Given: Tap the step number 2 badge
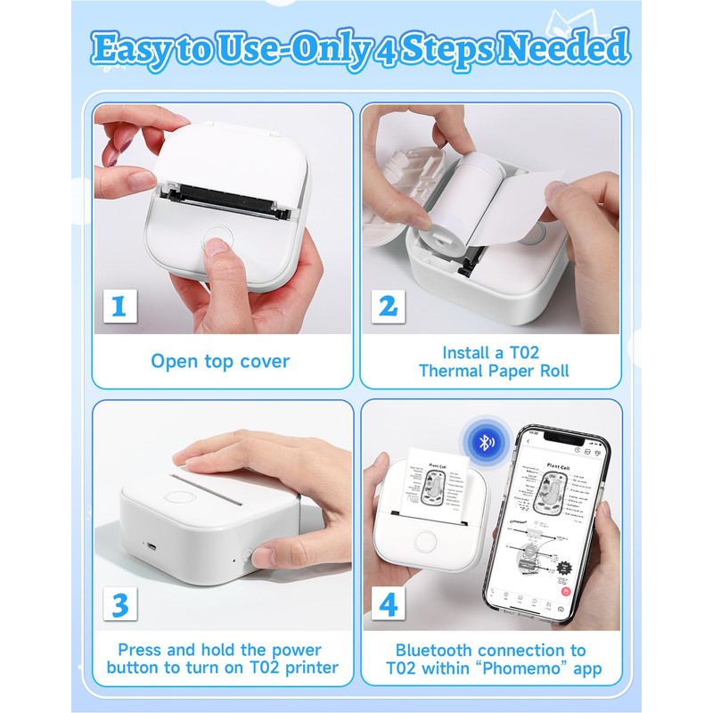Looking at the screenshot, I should pos(388,307).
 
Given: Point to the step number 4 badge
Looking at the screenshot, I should pos(388,604).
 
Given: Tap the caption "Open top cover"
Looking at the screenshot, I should pos(219,361).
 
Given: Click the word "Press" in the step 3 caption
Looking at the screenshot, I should pos(142,650).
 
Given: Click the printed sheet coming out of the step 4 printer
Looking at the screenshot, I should pos(438,486).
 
